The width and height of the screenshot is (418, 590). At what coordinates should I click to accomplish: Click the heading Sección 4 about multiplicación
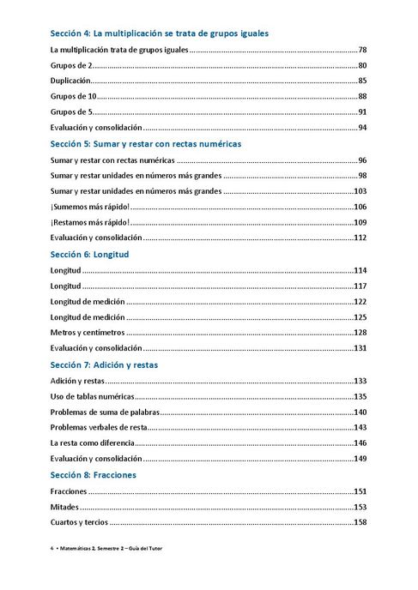159,33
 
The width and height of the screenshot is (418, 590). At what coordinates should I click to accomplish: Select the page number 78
362,51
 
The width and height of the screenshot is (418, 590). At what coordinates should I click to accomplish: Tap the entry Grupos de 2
71,66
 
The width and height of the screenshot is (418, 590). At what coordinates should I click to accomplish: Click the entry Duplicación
71,81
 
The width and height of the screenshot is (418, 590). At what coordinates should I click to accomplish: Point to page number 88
362,97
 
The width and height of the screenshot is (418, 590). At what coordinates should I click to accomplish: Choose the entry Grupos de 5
71,112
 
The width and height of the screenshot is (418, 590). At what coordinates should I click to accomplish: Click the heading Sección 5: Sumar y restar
146,144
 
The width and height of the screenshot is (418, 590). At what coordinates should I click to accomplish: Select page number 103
360,191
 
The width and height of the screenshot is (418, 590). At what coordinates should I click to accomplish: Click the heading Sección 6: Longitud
96,255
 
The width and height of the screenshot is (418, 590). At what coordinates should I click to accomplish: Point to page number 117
360,286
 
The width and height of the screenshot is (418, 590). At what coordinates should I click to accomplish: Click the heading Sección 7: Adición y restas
116,364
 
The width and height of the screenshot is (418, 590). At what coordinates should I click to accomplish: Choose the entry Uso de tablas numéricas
93,396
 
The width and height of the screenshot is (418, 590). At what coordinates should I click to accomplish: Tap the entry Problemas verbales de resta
100,427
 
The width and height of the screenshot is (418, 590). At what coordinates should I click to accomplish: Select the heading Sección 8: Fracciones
93,474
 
